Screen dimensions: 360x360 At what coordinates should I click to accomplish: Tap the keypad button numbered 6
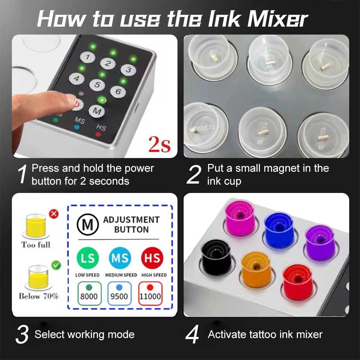[117, 91]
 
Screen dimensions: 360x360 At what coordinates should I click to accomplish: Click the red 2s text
[159, 145]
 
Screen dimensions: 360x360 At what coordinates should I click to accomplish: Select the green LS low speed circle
[87, 258]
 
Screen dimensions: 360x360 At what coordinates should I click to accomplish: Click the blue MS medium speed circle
[120, 258]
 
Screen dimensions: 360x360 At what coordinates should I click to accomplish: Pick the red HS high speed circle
[152, 258]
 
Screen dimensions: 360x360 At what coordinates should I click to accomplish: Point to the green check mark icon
[56, 265]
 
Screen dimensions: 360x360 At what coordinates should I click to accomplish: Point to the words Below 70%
[39, 296]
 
